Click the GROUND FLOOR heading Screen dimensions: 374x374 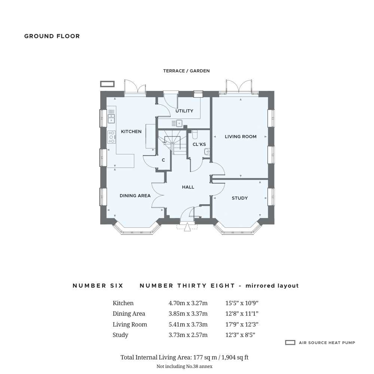[x=52, y=36]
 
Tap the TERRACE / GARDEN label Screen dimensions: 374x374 [x=187, y=71]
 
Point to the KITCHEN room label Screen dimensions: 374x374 [x=131, y=131]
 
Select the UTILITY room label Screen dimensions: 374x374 [x=184, y=111]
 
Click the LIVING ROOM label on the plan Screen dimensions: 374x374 [x=240, y=137]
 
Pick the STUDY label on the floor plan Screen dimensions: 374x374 [x=240, y=198]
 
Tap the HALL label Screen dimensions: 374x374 [x=188, y=187]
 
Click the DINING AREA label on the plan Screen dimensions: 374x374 [x=135, y=196]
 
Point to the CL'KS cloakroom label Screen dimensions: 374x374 [x=199, y=144]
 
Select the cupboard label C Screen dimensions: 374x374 [x=163, y=160]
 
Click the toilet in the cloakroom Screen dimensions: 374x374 [x=195, y=135]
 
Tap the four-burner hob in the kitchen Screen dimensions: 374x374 [x=111, y=137]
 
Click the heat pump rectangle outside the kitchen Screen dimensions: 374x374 [x=107, y=84]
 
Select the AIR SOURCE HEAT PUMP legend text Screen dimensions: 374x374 [x=327, y=343]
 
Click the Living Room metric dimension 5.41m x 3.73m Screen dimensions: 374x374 [x=188, y=324]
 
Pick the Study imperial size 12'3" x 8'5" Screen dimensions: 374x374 [x=240, y=335]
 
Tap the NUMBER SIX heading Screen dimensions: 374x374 [x=98, y=285]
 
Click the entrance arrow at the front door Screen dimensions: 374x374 [x=187, y=227]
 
